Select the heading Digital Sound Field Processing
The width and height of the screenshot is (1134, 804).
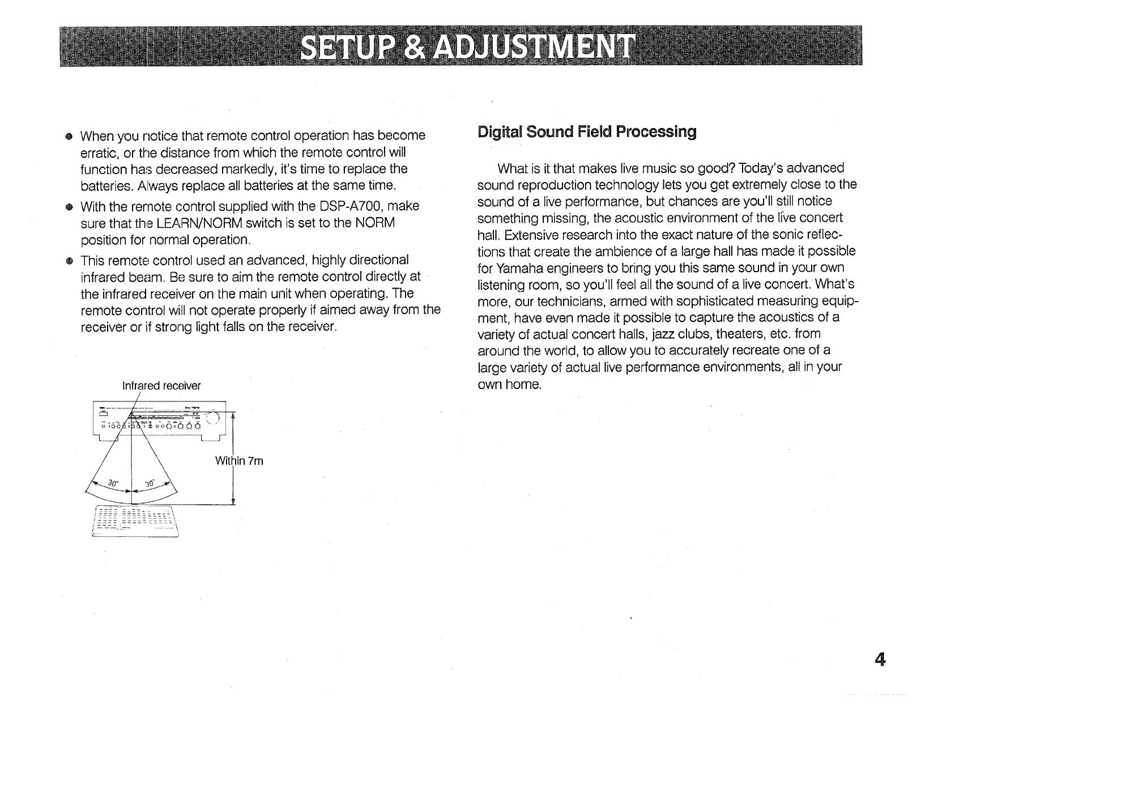tap(587, 132)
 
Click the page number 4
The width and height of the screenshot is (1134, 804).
tap(880, 659)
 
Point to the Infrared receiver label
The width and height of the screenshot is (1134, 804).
tap(161, 386)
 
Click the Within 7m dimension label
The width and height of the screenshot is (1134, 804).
tap(239, 461)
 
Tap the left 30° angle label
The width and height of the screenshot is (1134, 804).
tap(113, 484)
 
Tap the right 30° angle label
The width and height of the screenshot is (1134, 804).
tap(150, 484)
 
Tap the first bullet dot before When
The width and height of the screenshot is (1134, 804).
tap(69, 137)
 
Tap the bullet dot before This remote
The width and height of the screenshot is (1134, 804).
tap(69, 261)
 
